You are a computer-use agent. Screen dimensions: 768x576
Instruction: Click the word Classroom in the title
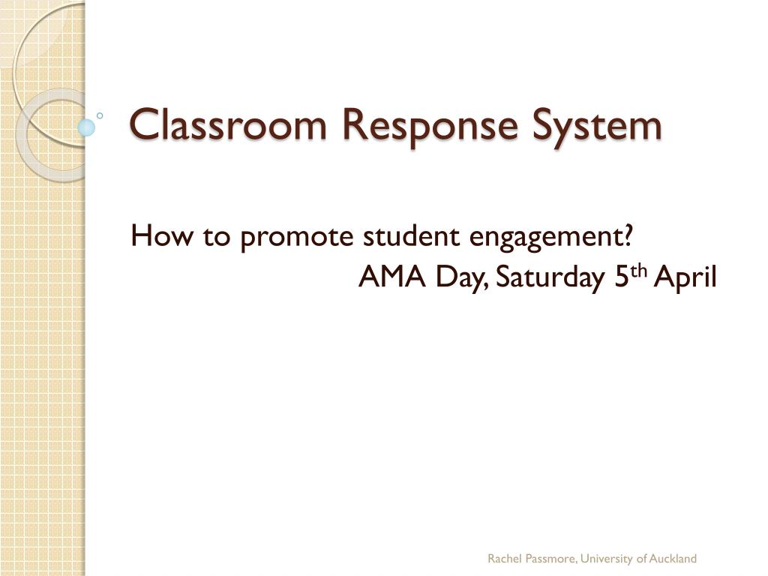pos(228,124)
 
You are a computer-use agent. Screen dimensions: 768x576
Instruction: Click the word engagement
pos(544,238)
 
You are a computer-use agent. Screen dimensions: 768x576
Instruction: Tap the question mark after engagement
pos(626,235)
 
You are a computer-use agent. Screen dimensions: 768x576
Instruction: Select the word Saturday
pos(550,278)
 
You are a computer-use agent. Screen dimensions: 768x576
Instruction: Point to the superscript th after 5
pos(639,271)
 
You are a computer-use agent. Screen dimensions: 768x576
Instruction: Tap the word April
pos(685,278)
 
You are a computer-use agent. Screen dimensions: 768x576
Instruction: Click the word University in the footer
pos(606,559)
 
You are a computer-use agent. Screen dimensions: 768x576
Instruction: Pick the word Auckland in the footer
pos(673,558)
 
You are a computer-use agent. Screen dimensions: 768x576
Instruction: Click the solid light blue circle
pos(86,127)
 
